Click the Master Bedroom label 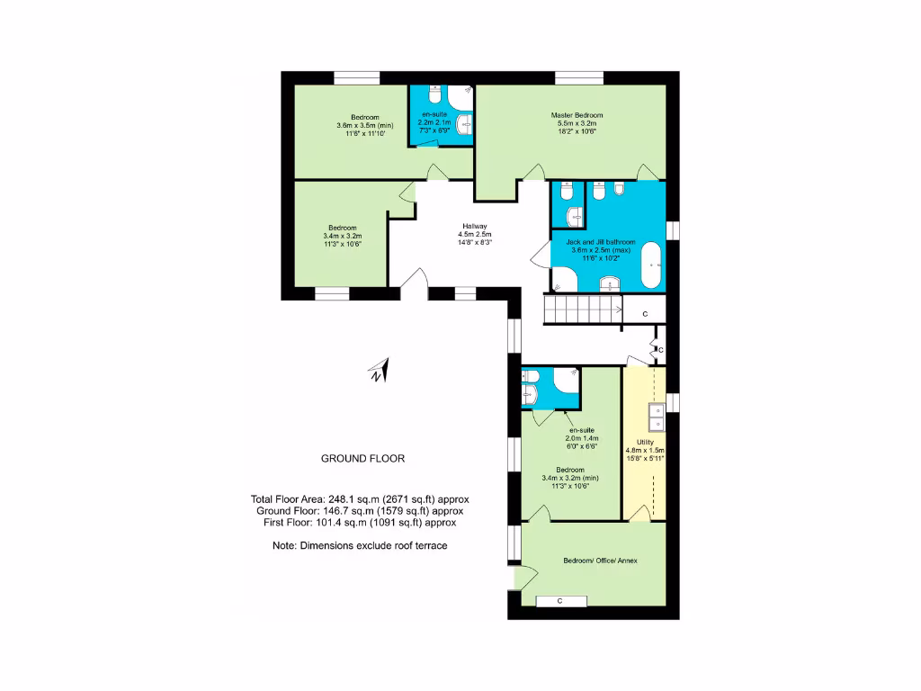(577, 115)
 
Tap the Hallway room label (475, 226)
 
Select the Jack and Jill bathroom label (600, 242)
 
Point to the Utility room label (645, 442)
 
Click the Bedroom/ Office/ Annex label (600, 561)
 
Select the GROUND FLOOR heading (362, 458)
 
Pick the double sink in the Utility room (657, 416)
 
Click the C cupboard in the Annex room (560, 600)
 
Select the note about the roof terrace (360, 546)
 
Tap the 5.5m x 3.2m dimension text (577, 123)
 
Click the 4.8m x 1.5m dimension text (645, 450)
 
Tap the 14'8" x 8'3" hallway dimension (475, 242)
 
